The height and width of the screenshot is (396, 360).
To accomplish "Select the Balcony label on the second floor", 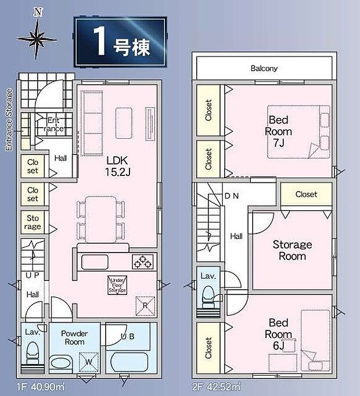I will pos(264,69).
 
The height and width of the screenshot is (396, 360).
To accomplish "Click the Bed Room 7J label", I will pos(279,131).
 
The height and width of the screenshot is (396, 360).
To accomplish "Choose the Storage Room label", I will pos(292,250).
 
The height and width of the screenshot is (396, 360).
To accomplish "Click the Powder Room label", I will pos(74,337).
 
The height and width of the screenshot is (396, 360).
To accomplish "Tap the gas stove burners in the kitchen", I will pos(142,261).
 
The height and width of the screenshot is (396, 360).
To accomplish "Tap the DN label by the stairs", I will pos(231,196).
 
